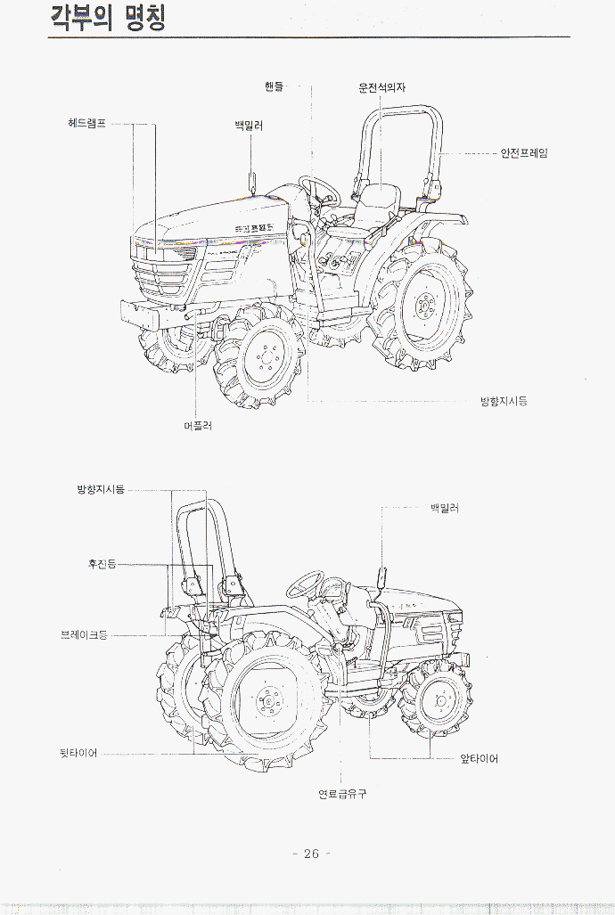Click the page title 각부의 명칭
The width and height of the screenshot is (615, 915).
point(107,19)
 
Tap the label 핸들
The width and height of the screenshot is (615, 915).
point(274,86)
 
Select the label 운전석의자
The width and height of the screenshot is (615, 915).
point(382,88)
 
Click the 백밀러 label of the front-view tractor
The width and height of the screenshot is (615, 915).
point(249,126)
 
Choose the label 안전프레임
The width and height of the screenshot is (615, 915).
point(524,153)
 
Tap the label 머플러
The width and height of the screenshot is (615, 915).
point(197,426)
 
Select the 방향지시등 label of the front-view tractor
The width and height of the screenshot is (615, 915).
point(504,402)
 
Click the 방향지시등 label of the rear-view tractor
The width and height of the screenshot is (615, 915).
point(101,490)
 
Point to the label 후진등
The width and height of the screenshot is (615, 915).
point(102,564)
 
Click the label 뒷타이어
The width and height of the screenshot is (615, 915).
point(78,754)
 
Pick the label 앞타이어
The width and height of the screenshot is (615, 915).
point(480,759)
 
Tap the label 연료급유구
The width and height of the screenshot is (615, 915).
point(343,794)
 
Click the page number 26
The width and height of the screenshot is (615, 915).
point(311,854)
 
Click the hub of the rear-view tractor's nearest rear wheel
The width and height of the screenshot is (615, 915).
point(266,703)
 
